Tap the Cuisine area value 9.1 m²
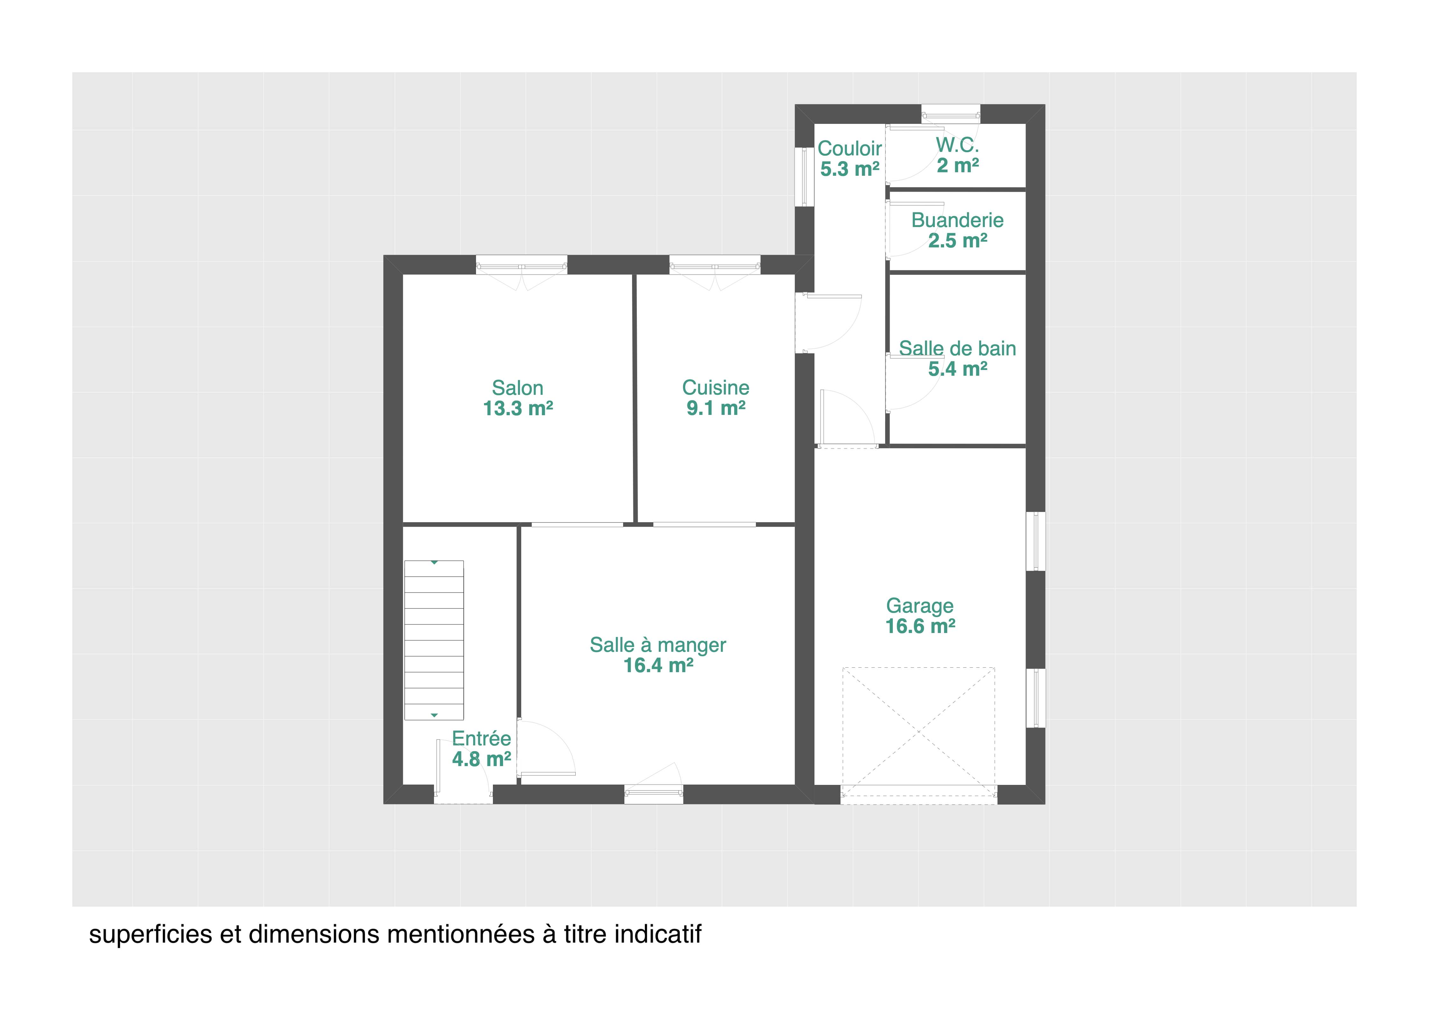716,408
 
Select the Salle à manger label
658,645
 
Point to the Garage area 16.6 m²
920,626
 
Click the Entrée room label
481,739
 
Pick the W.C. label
957,145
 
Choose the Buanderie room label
957,220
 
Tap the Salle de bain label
957,348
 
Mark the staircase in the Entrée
434,640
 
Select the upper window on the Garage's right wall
1036,541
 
